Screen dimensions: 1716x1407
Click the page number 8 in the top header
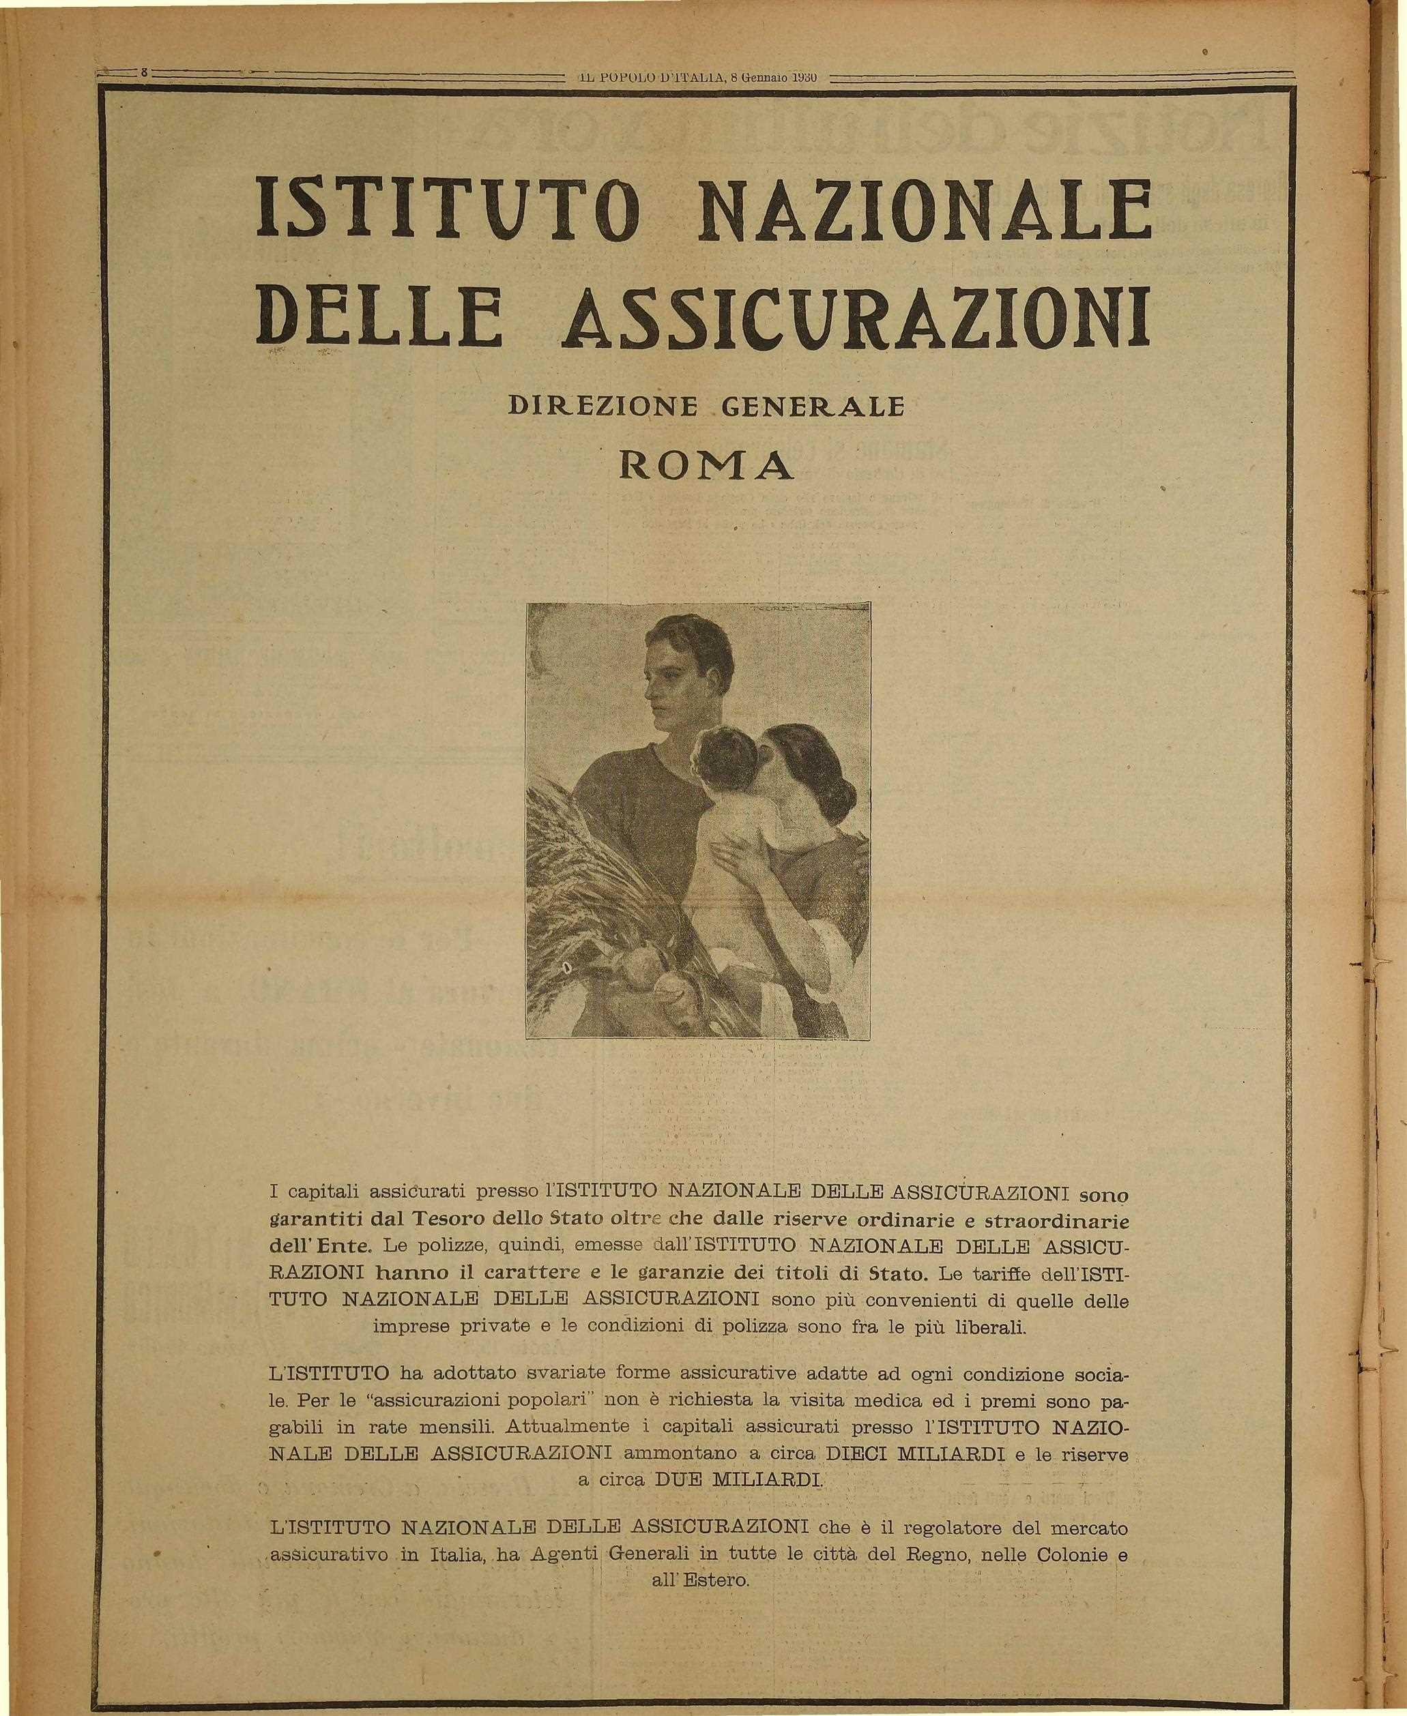143,72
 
